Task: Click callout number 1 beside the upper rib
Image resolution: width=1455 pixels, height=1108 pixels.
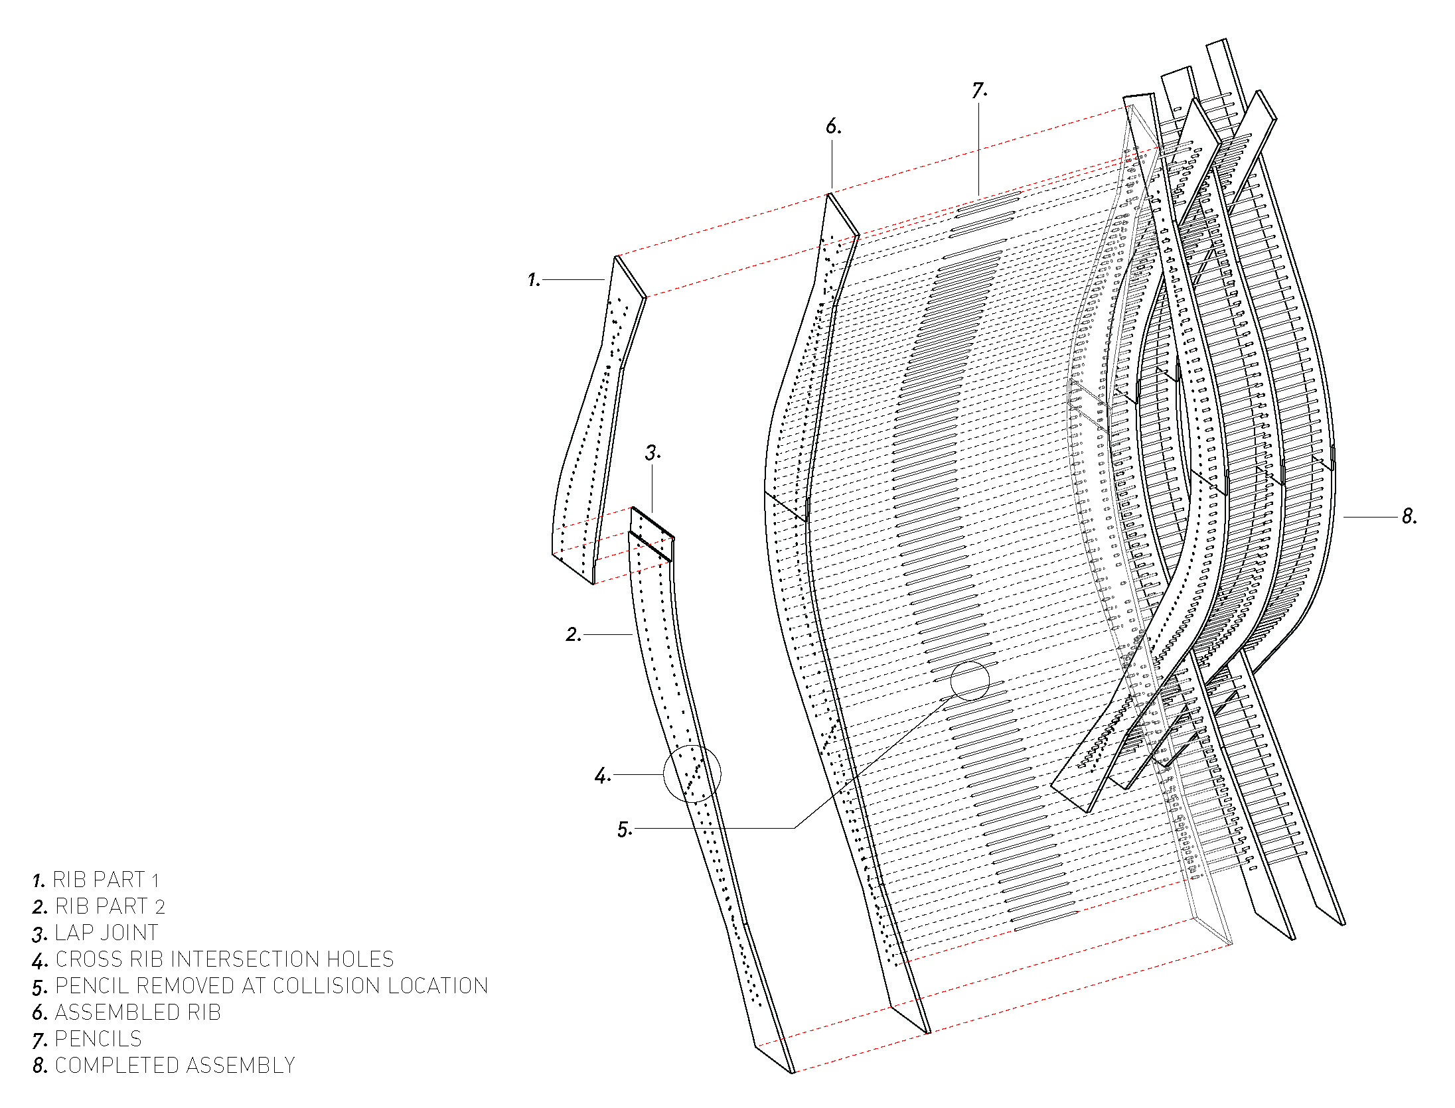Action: (x=533, y=280)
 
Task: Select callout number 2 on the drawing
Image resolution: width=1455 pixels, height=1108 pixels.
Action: (x=572, y=635)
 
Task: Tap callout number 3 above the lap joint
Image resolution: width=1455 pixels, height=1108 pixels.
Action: (x=652, y=453)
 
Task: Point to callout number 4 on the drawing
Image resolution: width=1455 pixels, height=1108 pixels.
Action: (x=601, y=775)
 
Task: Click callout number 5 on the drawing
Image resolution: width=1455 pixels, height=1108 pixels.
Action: (x=624, y=829)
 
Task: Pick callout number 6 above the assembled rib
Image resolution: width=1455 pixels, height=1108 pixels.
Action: (x=833, y=126)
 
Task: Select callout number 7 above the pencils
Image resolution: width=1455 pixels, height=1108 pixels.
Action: (x=979, y=90)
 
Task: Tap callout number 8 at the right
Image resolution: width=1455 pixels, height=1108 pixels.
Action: (x=1409, y=516)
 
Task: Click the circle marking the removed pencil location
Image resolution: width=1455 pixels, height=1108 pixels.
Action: (x=970, y=681)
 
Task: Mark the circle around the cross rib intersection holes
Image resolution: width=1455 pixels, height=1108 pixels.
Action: (x=692, y=774)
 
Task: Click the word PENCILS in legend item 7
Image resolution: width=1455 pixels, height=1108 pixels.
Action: (x=98, y=1039)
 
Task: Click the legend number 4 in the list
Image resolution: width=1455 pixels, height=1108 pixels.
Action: (x=40, y=961)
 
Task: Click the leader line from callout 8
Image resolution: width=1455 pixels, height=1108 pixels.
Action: (x=1370, y=517)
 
